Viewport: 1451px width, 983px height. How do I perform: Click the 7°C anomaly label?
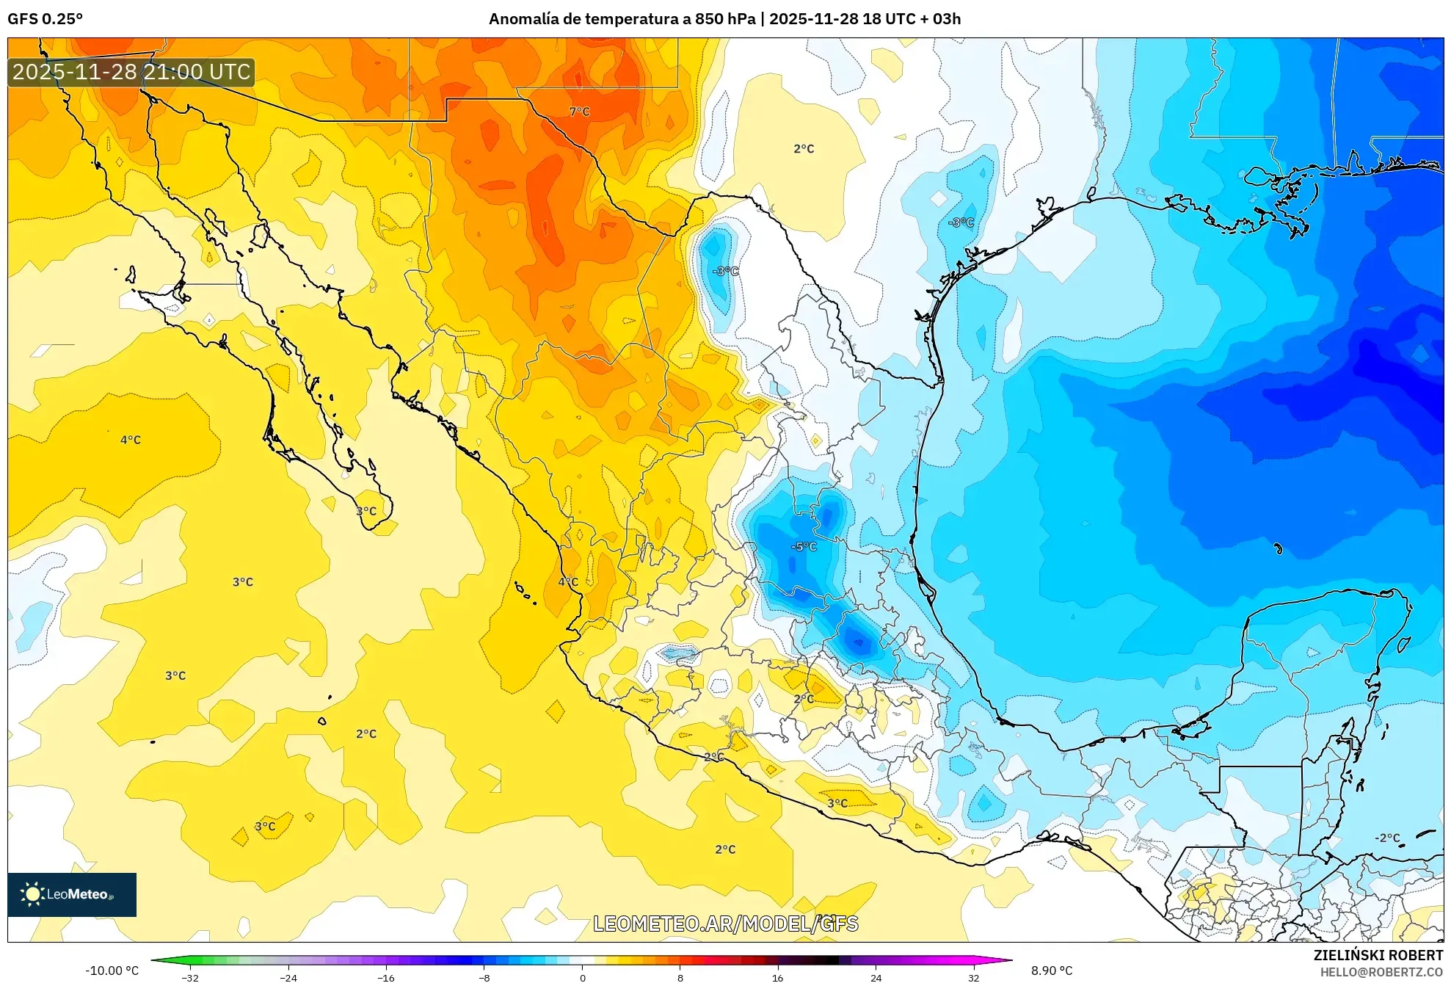579,112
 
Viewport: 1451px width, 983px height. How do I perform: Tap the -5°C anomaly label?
804,546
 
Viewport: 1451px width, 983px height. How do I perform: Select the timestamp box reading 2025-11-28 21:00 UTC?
131,72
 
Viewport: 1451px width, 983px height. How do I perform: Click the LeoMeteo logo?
72,894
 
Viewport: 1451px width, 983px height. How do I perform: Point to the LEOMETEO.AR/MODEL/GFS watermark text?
725,924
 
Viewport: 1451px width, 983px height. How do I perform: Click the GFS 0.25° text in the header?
45,19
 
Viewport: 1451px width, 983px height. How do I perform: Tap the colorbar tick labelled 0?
583,977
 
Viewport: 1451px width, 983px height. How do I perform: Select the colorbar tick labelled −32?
190,977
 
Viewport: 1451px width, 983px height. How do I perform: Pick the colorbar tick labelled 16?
778,977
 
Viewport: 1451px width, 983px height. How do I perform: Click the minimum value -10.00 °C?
112,971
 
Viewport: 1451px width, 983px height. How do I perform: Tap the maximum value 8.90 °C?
1052,971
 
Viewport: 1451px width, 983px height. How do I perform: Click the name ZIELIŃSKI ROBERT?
1378,955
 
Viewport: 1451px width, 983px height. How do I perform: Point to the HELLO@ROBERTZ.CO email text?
1381,972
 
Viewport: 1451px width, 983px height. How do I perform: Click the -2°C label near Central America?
1387,838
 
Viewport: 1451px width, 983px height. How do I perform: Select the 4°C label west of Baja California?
131,440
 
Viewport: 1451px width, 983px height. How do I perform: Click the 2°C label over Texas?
804,149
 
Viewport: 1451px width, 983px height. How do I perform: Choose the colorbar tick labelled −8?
484,977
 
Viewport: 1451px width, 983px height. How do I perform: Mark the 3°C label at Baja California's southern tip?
366,511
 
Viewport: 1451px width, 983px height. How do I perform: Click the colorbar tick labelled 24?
876,977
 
